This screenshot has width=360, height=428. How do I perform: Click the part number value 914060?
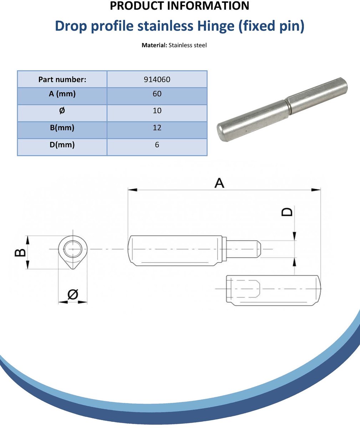157,80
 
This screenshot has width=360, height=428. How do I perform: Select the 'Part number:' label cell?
62,79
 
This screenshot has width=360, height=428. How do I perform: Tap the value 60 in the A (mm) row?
157,94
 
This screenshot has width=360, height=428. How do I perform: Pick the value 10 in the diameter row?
157,111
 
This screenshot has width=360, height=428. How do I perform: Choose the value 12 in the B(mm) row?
157,128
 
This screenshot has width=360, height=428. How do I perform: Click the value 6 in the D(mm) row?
157,145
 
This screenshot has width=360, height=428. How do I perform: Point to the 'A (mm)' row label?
62,94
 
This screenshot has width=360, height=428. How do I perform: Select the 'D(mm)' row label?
62,145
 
